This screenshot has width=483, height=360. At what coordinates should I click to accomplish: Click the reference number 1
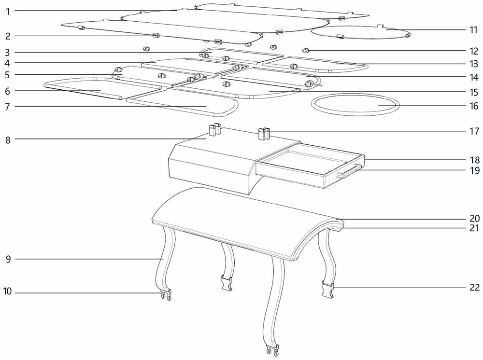(7, 10)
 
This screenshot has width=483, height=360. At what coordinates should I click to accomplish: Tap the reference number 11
(473, 29)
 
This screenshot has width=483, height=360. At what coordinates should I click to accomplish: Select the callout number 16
(473, 106)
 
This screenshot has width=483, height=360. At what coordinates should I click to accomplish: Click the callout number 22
(474, 288)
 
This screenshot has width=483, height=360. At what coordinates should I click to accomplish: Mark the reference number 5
(7, 75)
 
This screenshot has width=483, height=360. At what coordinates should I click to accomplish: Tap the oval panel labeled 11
(360, 32)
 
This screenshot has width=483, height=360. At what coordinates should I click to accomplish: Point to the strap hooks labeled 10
(166, 295)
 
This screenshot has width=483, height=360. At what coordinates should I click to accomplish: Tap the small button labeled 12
(305, 50)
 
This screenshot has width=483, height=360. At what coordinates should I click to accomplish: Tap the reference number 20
(474, 218)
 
